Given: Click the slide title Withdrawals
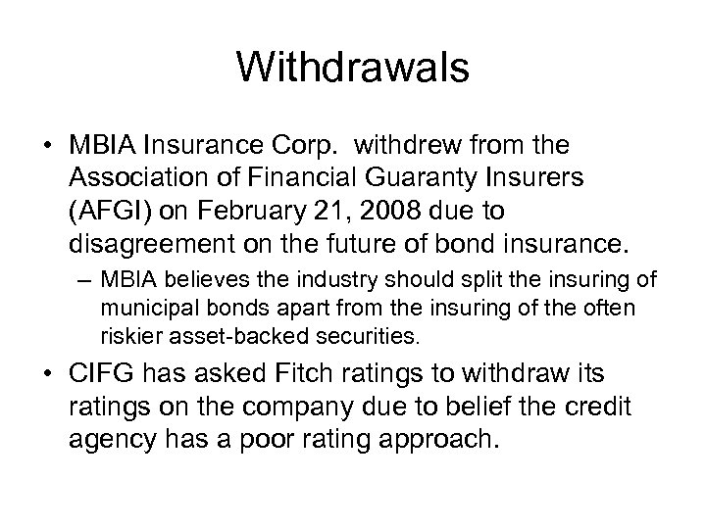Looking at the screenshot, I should [x=353, y=70].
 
